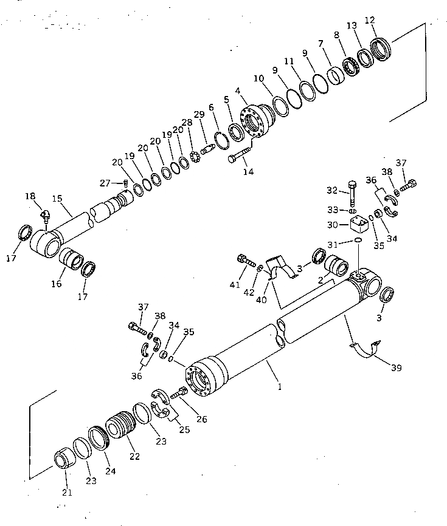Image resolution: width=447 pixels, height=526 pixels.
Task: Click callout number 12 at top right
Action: (x=370, y=19)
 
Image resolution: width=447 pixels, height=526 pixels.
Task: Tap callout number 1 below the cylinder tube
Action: (x=279, y=386)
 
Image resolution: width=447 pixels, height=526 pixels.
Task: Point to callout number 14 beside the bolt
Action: (x=248, y=172)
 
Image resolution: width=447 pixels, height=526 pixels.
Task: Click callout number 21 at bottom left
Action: (x=67, y=492)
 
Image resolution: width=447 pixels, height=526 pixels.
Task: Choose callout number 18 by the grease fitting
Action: (x=30, y=196)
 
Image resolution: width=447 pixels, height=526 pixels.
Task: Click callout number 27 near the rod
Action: (x=105, y=183)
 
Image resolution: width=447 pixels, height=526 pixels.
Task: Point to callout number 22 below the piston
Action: (x=134, y=456)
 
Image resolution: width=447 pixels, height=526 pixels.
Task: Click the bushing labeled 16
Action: (x=74, y=261)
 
